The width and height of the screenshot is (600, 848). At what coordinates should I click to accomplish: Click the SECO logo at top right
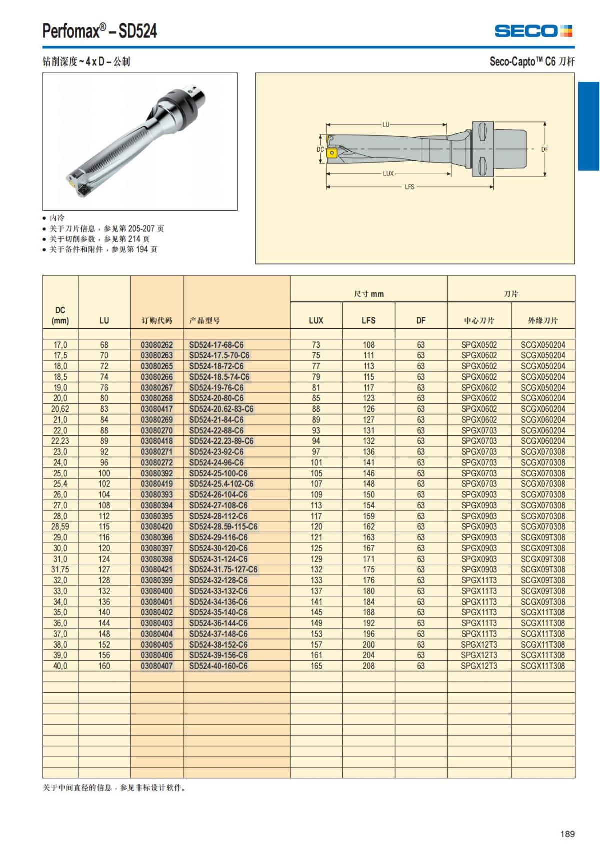pyautogui.click(x=533, y=31)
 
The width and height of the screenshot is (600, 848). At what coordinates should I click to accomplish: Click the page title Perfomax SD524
pyautogui.click(x=100, y=31)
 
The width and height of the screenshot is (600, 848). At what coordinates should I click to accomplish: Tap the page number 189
pyautogui.click(x=567, y=834)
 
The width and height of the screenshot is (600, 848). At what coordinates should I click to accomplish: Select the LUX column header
pyautogui.click(x=316, y=320)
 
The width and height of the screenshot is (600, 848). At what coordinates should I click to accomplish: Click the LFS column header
pyautogui.click(x=368, y=320)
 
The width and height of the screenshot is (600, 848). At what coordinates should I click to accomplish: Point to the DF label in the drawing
pyautogui.click(x=545, y=149)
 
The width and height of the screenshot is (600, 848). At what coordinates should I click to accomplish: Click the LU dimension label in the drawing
pyautogui.click(x=386, y=124)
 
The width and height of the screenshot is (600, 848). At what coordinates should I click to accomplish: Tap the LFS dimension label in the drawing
pyautogui.click(x=409, y=187)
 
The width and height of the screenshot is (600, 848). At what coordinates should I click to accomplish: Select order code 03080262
pyautogui.click(x=156, y=345)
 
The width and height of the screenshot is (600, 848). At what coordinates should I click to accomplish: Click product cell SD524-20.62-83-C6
pyautogui.click(x=221, y=409)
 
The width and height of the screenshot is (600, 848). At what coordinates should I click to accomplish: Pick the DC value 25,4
pyautogui.click(x=60, y=484)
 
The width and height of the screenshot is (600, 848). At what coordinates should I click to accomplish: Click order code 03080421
pyautogui.click(x=156, y=569)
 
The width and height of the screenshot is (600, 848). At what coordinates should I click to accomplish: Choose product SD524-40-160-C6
pyautogui.click(x=218, y=666)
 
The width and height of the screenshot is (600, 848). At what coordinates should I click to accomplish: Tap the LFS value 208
pyautogui.click(x=368, y=666)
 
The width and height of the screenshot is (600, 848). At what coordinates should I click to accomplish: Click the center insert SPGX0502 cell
pyautogui.click(x=479, y=345)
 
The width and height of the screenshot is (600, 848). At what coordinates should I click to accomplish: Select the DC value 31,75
pyautogui.click(x=60, y=569)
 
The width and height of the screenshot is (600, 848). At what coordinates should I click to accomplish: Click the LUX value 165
pyautogui.click(x=316, y=666)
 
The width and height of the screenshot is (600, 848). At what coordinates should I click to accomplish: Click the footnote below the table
pyautogui.click(x=114, y=788)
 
